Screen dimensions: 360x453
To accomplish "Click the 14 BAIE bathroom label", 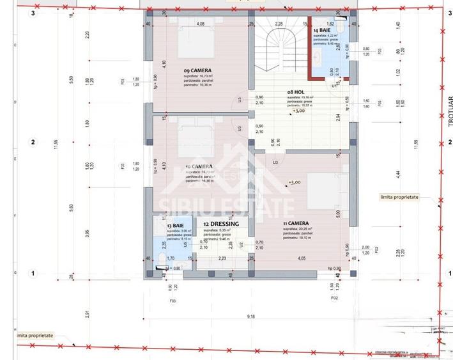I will click(x=324, y=30).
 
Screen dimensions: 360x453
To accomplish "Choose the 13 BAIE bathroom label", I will click(x=177, y=226).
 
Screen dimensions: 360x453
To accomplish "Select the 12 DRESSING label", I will click(x=220, y=224).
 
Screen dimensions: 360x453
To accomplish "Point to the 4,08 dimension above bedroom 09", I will click(x=200, y=24).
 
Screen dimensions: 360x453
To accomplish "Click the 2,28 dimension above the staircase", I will click(x=279, y=24).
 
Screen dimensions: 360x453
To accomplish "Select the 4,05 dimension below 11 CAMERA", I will click(x=300, y=258).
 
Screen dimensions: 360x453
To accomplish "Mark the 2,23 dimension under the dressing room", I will click(x=222, y=258).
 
